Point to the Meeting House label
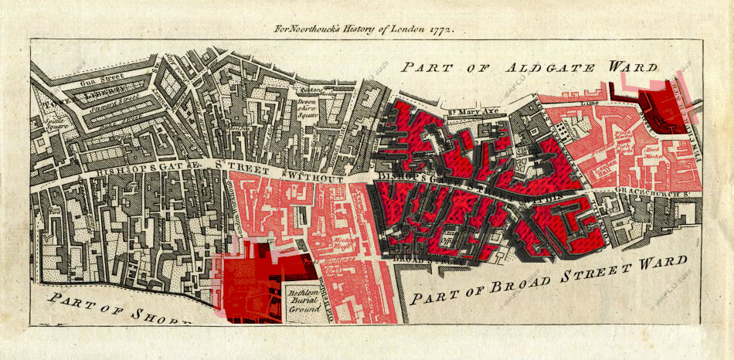click(343, 245)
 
